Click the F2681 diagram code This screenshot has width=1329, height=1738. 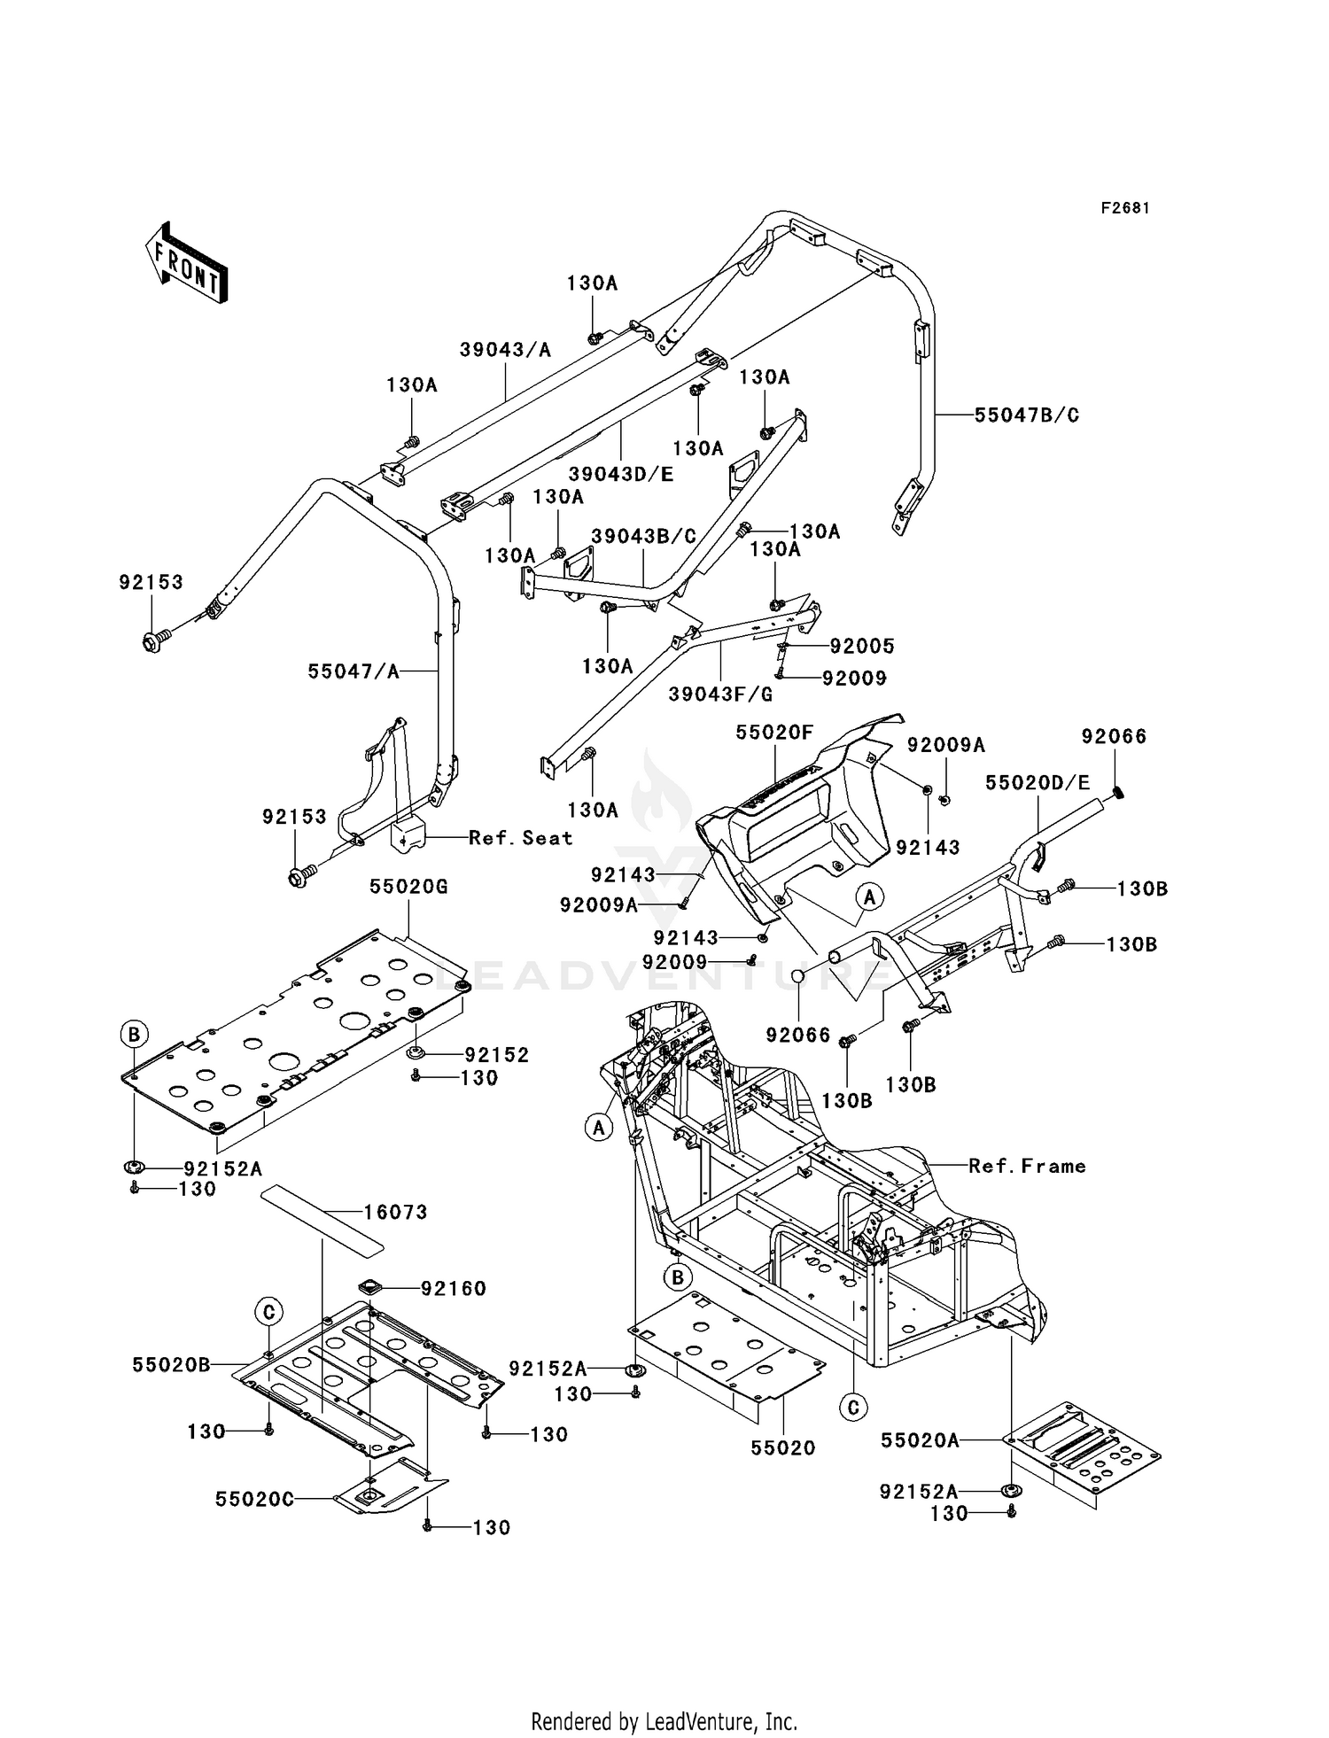1125,208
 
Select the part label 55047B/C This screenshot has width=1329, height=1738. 1027,415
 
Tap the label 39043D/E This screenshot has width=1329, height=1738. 621,474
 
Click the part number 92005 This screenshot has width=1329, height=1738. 863,646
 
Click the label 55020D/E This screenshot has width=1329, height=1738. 1038,782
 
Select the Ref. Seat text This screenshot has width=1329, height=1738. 521,837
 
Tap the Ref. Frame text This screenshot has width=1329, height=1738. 1028,1166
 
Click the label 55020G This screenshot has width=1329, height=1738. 408,886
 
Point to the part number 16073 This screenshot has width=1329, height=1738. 395,1211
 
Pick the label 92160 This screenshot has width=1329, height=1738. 454,1288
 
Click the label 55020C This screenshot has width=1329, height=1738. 254,1499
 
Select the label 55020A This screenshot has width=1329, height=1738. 920,1440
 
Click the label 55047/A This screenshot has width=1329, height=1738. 354,671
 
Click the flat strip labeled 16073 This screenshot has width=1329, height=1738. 323,1223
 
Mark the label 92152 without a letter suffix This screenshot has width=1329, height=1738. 497,1055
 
